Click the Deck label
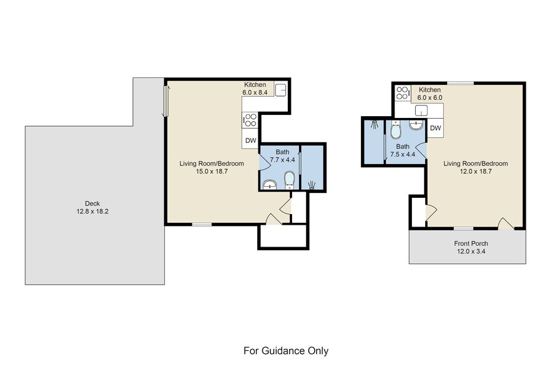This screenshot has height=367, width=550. click(x=92, y=203)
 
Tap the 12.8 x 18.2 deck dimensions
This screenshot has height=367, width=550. click(x=92, y=211)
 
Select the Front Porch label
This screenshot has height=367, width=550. click(x=471, y=243)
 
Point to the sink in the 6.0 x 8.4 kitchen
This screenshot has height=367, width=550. click(x=280, y=89)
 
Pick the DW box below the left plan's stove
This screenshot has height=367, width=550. click(x=250, y=140)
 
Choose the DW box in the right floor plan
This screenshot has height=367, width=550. click(x=436, y=129)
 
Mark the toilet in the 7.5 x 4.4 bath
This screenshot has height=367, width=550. click(x=395, y=131)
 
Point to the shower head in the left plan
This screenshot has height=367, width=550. click(x=312, y=184)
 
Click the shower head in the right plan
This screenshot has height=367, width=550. click(x=373, y=124)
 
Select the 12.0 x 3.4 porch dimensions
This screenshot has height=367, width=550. click(x=471, y=252)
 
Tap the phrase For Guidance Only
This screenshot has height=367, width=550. click(x=286, y=351)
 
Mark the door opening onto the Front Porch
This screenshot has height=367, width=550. click(x=506, y=223)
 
